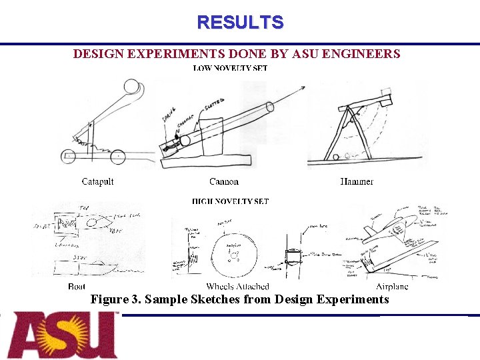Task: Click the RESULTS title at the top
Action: point(240,23)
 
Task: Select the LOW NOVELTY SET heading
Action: point(230,68)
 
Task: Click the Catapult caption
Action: point(97,181)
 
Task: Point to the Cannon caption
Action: point(224,181)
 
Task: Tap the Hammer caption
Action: point(357,181)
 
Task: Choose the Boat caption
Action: point(77,287)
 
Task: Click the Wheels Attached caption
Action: point(237,287)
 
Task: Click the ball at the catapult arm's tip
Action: point(131,87)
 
